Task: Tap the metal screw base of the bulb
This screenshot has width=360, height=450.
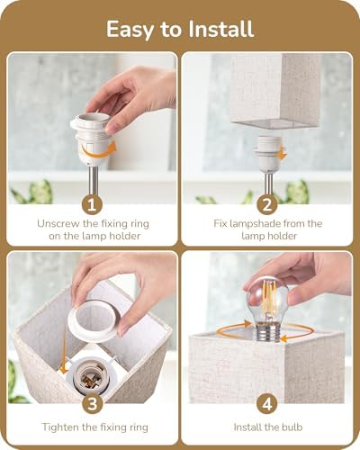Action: coord(267,332)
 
